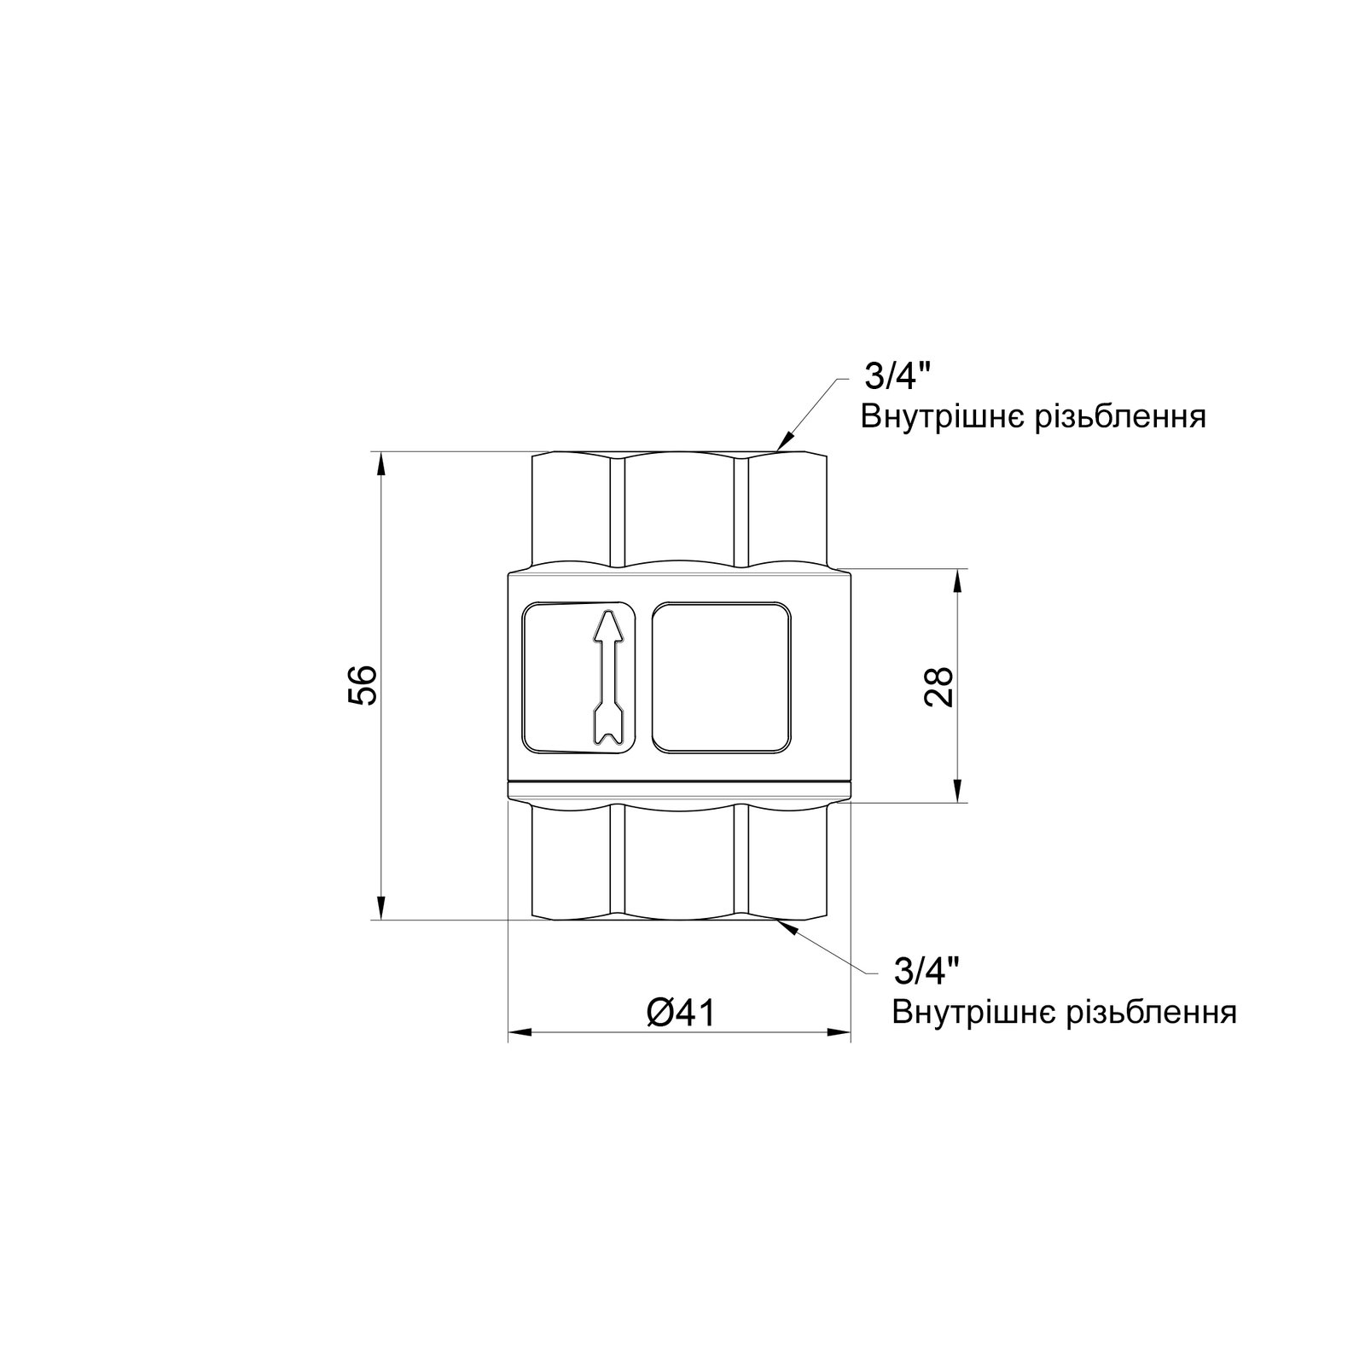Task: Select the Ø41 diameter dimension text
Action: (x=680, y=1013)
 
